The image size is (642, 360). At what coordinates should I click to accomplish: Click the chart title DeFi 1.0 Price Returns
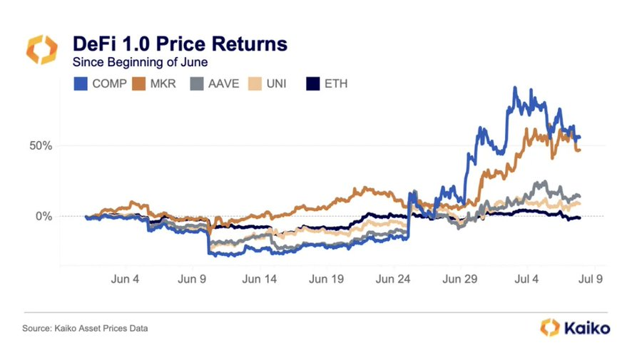[180, 44]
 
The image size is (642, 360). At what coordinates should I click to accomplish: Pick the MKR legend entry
[161, 84]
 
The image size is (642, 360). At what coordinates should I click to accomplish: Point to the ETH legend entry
[327, 84]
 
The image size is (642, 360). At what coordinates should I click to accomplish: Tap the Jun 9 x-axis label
[191, 279]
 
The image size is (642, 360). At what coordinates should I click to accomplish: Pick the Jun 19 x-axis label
[325, 279]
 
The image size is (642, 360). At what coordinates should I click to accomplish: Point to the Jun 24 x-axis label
[392, 279]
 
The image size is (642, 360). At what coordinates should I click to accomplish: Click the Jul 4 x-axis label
[526, 279]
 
